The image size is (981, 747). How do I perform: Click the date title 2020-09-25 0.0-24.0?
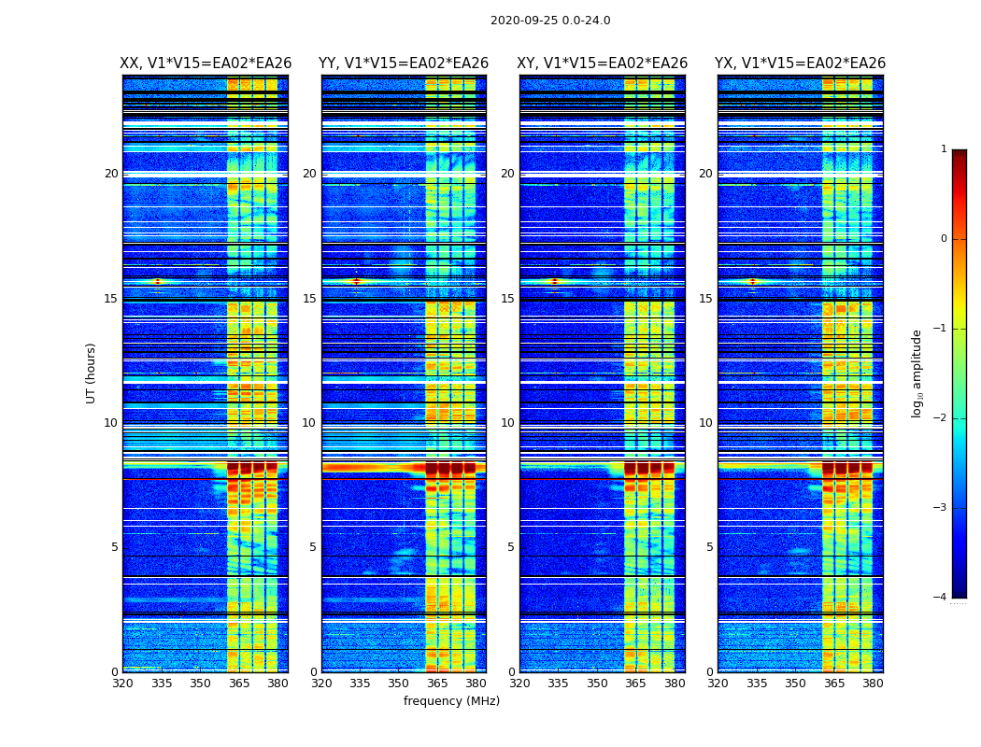[550, 21]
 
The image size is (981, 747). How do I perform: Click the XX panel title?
[206, 63]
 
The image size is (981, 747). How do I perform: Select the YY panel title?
[404, 63]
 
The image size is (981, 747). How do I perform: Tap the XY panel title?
[603, 63]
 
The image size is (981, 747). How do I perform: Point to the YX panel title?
[800, 63]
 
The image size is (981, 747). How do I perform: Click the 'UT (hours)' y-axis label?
[92, 373]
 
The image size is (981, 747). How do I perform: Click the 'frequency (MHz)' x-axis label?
[451, 701]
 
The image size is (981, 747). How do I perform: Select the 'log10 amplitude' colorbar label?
[917, 373]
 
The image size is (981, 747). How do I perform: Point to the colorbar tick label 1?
[944, 149]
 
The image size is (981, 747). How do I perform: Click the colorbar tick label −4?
[941, 598]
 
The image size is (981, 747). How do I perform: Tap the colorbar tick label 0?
[944, 239]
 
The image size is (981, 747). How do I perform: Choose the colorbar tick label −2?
[941, 418]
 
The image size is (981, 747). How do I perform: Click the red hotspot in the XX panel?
[157, 281]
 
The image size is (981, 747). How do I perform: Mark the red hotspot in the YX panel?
[752, 281]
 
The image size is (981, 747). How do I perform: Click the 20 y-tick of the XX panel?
[111, 174]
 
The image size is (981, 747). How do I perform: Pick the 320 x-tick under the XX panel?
[122, 684]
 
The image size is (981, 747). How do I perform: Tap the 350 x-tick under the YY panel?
[399, 684]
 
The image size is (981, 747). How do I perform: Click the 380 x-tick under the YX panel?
[873, 684]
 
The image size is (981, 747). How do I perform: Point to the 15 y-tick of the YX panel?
[707, 299]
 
